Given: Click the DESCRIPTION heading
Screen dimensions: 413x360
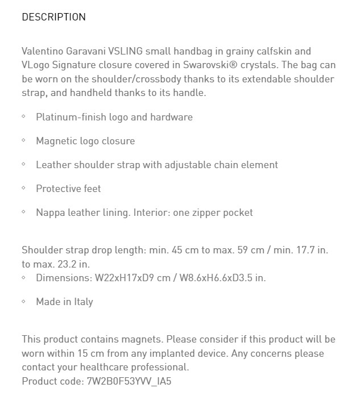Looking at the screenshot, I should point(53,17).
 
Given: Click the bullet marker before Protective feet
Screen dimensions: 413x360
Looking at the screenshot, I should point(24,188).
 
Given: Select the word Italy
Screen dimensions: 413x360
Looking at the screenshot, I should point(84,302).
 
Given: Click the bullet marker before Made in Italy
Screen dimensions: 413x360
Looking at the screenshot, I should point(24,302).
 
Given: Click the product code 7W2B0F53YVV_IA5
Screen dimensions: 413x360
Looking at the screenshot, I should point(129,381).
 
